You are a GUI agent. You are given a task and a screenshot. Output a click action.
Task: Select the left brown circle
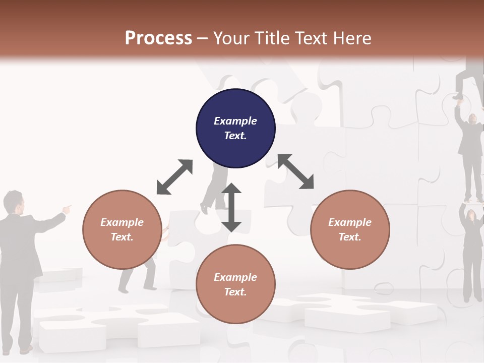[x=122, y=229]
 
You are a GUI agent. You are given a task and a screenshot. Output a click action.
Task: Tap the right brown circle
[x=350, y=229]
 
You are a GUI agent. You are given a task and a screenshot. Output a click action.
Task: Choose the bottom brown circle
[x=235, y=284]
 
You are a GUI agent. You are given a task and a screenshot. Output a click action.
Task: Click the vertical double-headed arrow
[x=231, y=208]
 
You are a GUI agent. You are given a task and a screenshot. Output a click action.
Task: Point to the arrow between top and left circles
[x=174, y=177]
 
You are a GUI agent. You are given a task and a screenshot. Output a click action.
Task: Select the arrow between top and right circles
[x=296, y=171]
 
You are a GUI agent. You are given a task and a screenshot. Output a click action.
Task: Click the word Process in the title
[x=158, y=38]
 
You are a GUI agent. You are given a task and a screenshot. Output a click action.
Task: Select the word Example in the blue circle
[x=235, y=121]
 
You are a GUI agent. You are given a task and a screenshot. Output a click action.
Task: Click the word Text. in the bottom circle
[x=235, y=292]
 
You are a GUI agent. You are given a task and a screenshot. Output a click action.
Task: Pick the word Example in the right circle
[x=350, y=222]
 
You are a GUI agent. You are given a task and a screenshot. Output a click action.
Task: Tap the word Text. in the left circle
[x=122, y=237]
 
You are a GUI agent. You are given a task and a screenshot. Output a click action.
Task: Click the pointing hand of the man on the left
[x=68, y=207]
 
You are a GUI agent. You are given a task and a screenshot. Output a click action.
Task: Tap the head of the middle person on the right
[x=473, y=119]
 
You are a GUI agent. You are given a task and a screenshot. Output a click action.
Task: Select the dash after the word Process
[x=202, y=38]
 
